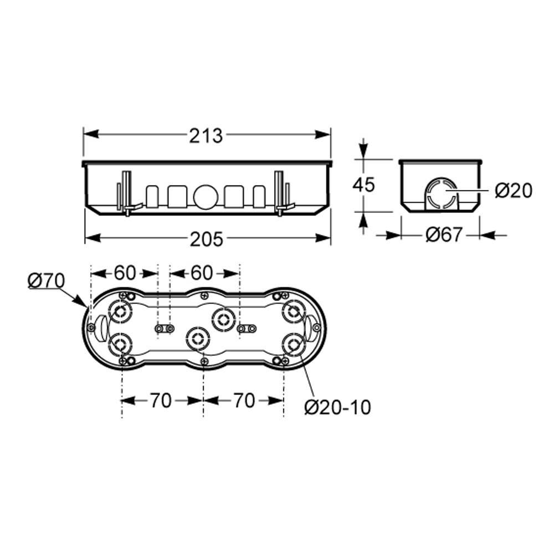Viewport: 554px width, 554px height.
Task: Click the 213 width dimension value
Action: tap(206, 136)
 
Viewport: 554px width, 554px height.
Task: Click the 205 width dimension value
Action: tap(207, 239)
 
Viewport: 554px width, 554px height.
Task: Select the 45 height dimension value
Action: tap(363, 184)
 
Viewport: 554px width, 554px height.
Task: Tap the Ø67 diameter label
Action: tap(444, 234)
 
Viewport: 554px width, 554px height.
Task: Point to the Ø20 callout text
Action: tap(514, 191)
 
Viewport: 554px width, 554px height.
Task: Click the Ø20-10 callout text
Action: tap(338, 407)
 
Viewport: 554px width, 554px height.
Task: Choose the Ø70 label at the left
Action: tap(47, 281)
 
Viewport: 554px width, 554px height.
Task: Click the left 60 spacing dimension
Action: tap(125, 273)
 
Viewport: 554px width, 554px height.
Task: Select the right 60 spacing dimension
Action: tap(202, 273)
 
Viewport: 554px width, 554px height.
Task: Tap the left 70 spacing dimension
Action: tap(161, 401)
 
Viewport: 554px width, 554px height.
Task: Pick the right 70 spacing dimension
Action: tap(244, 401)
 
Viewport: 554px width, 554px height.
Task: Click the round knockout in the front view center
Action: tap(204, 196)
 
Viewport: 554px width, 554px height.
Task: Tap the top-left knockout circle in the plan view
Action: tap(120, 311)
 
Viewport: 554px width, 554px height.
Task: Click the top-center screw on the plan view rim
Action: tap(204, 295)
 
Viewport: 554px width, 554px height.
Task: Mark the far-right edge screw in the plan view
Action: tap(317, 328)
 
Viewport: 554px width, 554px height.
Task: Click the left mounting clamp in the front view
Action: tap(127, 193)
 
